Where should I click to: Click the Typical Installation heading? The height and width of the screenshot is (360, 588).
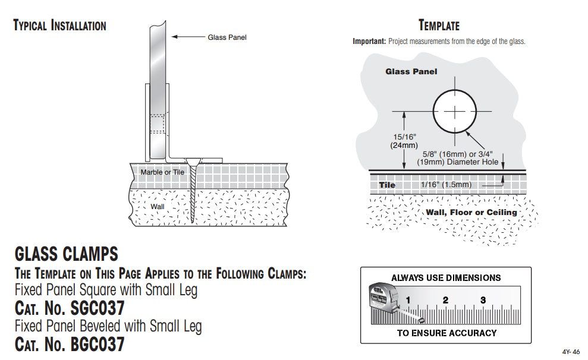click(x=59, y=26)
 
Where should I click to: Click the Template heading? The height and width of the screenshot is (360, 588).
click(x=439, y=26)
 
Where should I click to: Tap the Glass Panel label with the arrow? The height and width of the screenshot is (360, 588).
click(x=227, y=37)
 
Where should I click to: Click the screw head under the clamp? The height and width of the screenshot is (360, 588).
click(x=193, y=160)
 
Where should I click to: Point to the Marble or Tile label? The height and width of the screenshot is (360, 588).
click(x=162, y=172)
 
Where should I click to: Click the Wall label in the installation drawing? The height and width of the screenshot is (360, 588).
click(x=157, y=207)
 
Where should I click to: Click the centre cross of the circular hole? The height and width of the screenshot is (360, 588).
click(x=455, y=112)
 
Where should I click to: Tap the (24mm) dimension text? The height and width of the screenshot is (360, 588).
click(x=403, y=146)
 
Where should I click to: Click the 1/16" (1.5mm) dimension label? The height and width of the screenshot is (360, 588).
click(x=446, y=185)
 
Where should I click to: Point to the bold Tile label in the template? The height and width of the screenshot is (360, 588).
click(x=387, y=185)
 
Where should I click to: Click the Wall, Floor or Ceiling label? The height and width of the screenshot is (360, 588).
click(x=471, y=212)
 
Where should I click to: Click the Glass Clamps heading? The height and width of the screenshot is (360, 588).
click(x=66, y=255)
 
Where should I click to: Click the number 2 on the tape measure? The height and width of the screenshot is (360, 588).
click(x=445, y=299)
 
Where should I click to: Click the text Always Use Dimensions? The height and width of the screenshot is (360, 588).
click(x=446, y=277)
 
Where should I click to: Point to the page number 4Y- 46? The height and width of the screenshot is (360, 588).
click(x=571, y=351)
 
